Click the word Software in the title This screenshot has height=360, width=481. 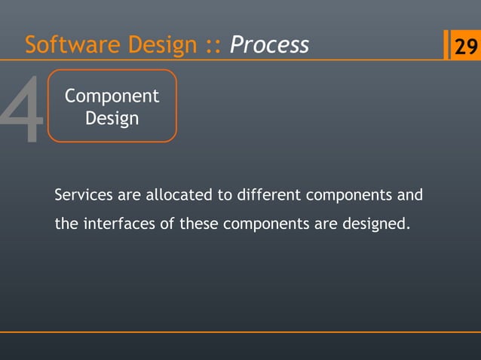pos(61,45)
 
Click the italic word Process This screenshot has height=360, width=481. pos(269,45)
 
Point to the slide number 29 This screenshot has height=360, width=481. pos(464,47)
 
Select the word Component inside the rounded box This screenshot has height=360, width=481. pos(112,96)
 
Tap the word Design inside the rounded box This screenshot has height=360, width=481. pos(112,118)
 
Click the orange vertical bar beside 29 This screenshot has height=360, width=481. pos(446,45)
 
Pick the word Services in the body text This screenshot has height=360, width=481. pos(83,196)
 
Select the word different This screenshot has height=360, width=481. pos(269,196)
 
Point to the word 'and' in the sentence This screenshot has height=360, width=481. pos(409,196)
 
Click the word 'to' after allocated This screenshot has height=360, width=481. pos(225,196)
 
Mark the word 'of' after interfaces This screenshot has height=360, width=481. pos(167,224)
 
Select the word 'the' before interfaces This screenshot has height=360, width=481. pos(66,224)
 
